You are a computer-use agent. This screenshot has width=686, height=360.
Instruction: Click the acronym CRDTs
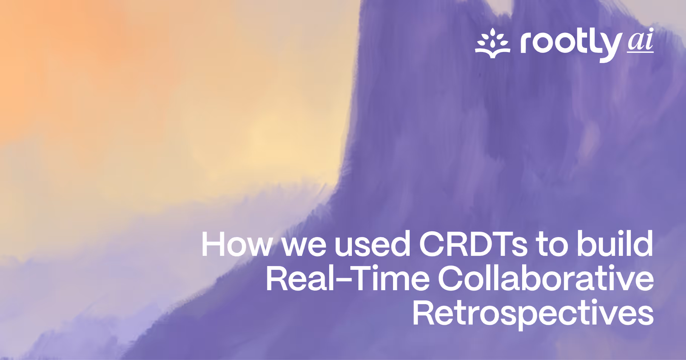(x=473, y=244)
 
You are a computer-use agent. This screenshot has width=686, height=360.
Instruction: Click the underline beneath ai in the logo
(x=640, y=51)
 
